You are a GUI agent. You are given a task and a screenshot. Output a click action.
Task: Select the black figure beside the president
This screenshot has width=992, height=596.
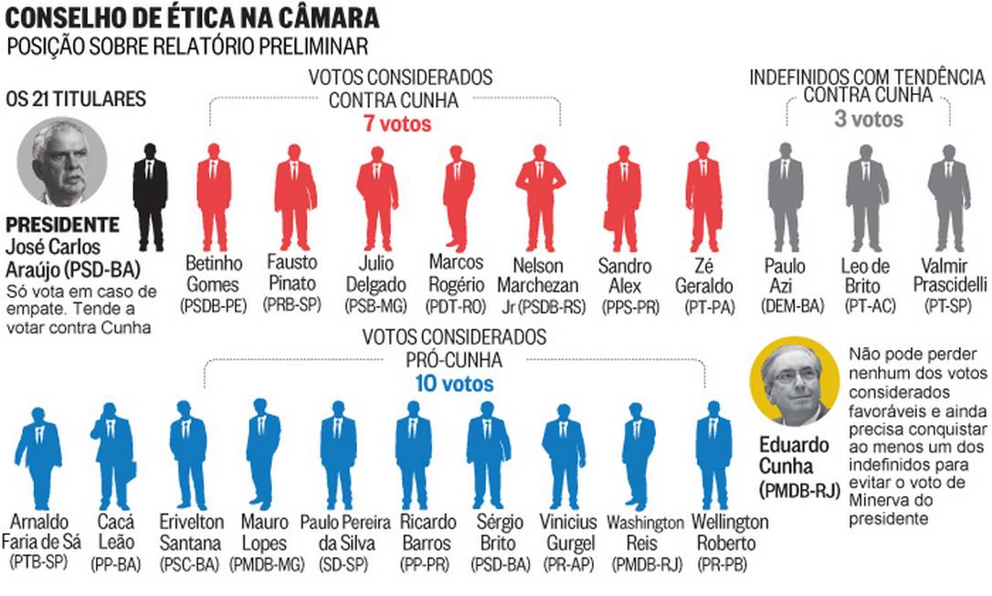pos(150,197)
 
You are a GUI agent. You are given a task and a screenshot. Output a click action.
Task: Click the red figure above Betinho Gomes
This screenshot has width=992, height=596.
pos(214,197)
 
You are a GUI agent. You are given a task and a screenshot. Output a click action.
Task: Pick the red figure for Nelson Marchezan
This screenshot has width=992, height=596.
pos(540,197)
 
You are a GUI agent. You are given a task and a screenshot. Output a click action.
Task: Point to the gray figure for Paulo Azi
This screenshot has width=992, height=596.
pos(786,197)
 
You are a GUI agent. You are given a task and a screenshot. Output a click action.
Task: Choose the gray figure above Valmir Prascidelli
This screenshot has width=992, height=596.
pos(949,197)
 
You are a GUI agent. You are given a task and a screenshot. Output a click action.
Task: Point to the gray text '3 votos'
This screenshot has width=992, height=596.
pos(868,119)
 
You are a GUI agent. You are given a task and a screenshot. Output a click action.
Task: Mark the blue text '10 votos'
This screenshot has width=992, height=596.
pos(455,383)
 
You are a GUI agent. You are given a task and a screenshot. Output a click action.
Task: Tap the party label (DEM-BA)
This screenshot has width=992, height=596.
pos(786,306)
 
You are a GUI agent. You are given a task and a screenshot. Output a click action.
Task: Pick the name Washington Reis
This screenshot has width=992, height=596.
pos(645,533)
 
